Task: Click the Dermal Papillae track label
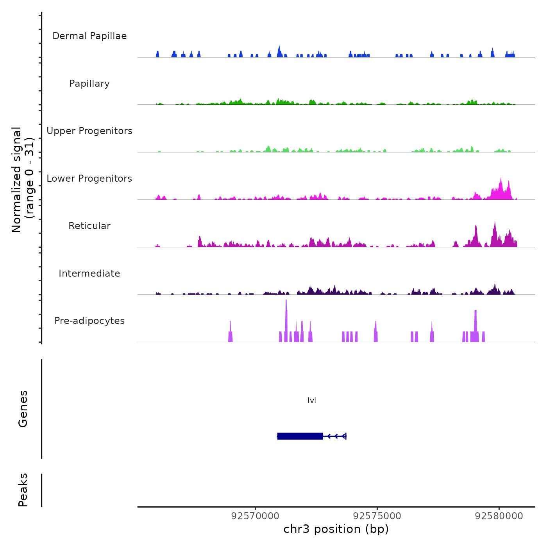coord(89,36)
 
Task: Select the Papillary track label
coord(89,84)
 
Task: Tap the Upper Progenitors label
coord(89,131)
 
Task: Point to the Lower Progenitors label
coord(89,179)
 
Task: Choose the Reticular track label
coord(89,226)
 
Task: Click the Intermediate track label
coord(89,273)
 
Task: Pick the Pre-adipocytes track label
coord(89,321)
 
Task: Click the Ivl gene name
coord(312,400)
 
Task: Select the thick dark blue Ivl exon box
coord(300,436)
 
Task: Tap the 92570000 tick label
coord(255,516)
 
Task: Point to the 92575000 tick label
coord(377,516)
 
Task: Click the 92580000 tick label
coord(499,516)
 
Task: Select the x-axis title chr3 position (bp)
coord(336,529)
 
